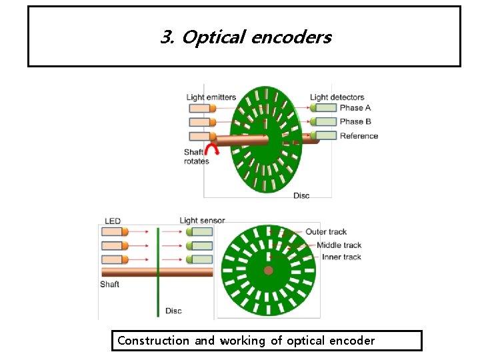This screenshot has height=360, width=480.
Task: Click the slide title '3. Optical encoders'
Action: coord(245,37)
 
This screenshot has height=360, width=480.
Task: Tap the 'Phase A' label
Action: coord(355,108)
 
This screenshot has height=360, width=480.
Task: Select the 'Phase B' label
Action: coord(355,122)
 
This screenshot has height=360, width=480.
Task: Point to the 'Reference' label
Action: coord(359,136)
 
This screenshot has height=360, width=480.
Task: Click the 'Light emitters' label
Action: coord(211,97)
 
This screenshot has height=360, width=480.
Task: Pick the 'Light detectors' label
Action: coord(337,97)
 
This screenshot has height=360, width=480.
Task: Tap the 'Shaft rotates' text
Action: coord(196,157)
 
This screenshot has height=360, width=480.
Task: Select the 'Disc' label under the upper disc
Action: coord(301,195)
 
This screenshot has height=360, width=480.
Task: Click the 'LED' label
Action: coord(113,221)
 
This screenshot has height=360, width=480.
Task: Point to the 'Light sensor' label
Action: coord(202,221)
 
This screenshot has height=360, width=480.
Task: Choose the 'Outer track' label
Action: coord(326,232)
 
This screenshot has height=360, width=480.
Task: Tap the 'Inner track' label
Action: coord(341,257)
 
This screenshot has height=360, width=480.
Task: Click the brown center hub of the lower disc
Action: coord(268,271)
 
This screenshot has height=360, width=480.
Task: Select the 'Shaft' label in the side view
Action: coord(110,285)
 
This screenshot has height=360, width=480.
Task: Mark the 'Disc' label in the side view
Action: coord(173,311)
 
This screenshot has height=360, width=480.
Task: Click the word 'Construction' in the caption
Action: coord(153,341)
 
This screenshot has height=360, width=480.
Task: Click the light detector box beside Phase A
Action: coord(326,107)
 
